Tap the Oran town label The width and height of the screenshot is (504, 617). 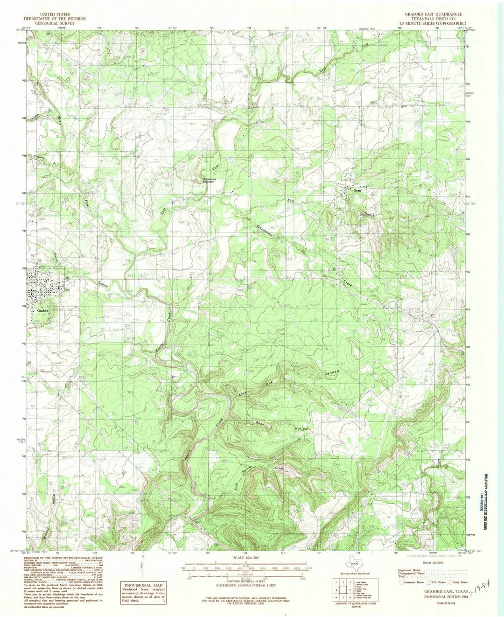tap(357, 191)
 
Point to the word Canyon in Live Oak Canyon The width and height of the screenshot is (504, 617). tap(331, 373)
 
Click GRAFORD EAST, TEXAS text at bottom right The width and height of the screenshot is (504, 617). tap(427, 591)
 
